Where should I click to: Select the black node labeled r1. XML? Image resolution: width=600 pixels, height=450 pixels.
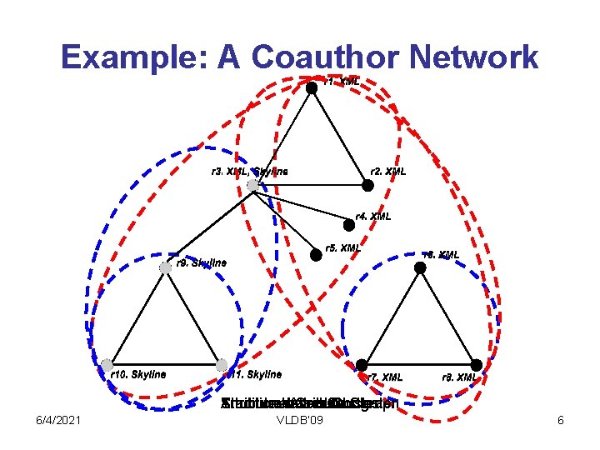tap(311, 87)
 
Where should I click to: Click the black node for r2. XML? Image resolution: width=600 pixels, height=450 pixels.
tap(367, 186)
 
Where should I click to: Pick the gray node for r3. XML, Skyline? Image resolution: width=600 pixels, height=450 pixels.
tap(253, 185)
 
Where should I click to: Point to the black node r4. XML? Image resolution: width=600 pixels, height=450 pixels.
tap(349, 224)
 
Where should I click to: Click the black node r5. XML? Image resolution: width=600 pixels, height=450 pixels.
tap(316, 256)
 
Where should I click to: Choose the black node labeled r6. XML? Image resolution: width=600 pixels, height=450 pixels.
tap(420, 267)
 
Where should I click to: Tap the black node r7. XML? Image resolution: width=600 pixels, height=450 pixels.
tap(362, 365)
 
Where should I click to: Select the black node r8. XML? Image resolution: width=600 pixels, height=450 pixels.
tap(476, 365)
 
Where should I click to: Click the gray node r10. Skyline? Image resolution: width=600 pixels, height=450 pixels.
tap(107, 364)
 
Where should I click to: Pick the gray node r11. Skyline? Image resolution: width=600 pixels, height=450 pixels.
tap(222, 364)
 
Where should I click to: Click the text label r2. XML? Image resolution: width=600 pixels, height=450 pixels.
tap(388, 172)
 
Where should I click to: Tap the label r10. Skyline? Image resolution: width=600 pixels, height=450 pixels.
tap(138, 375)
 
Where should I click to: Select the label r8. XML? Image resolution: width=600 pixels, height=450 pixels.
tap(459, 377)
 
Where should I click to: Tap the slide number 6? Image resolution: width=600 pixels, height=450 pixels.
tap(561, 421)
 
